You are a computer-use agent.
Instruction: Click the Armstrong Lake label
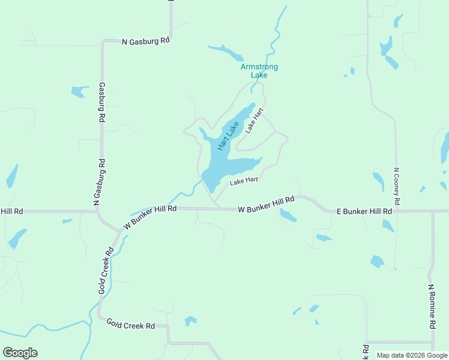click(259, 71)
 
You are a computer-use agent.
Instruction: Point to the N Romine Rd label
click(431, 306)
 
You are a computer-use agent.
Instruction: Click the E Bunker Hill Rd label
click(364, 211)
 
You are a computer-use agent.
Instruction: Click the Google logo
click(20, 353)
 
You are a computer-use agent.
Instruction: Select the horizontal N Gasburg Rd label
click(146, 41)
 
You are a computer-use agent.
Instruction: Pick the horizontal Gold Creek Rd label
click(131, 325)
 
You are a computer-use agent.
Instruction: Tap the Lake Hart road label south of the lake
click(244, 181)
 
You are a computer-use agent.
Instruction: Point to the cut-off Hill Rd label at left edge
click(11, 211)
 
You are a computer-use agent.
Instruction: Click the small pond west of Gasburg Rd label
click(78, 92)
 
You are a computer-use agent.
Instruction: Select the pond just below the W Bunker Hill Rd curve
click(288, 216)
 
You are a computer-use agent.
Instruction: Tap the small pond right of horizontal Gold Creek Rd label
click(190, 320)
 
